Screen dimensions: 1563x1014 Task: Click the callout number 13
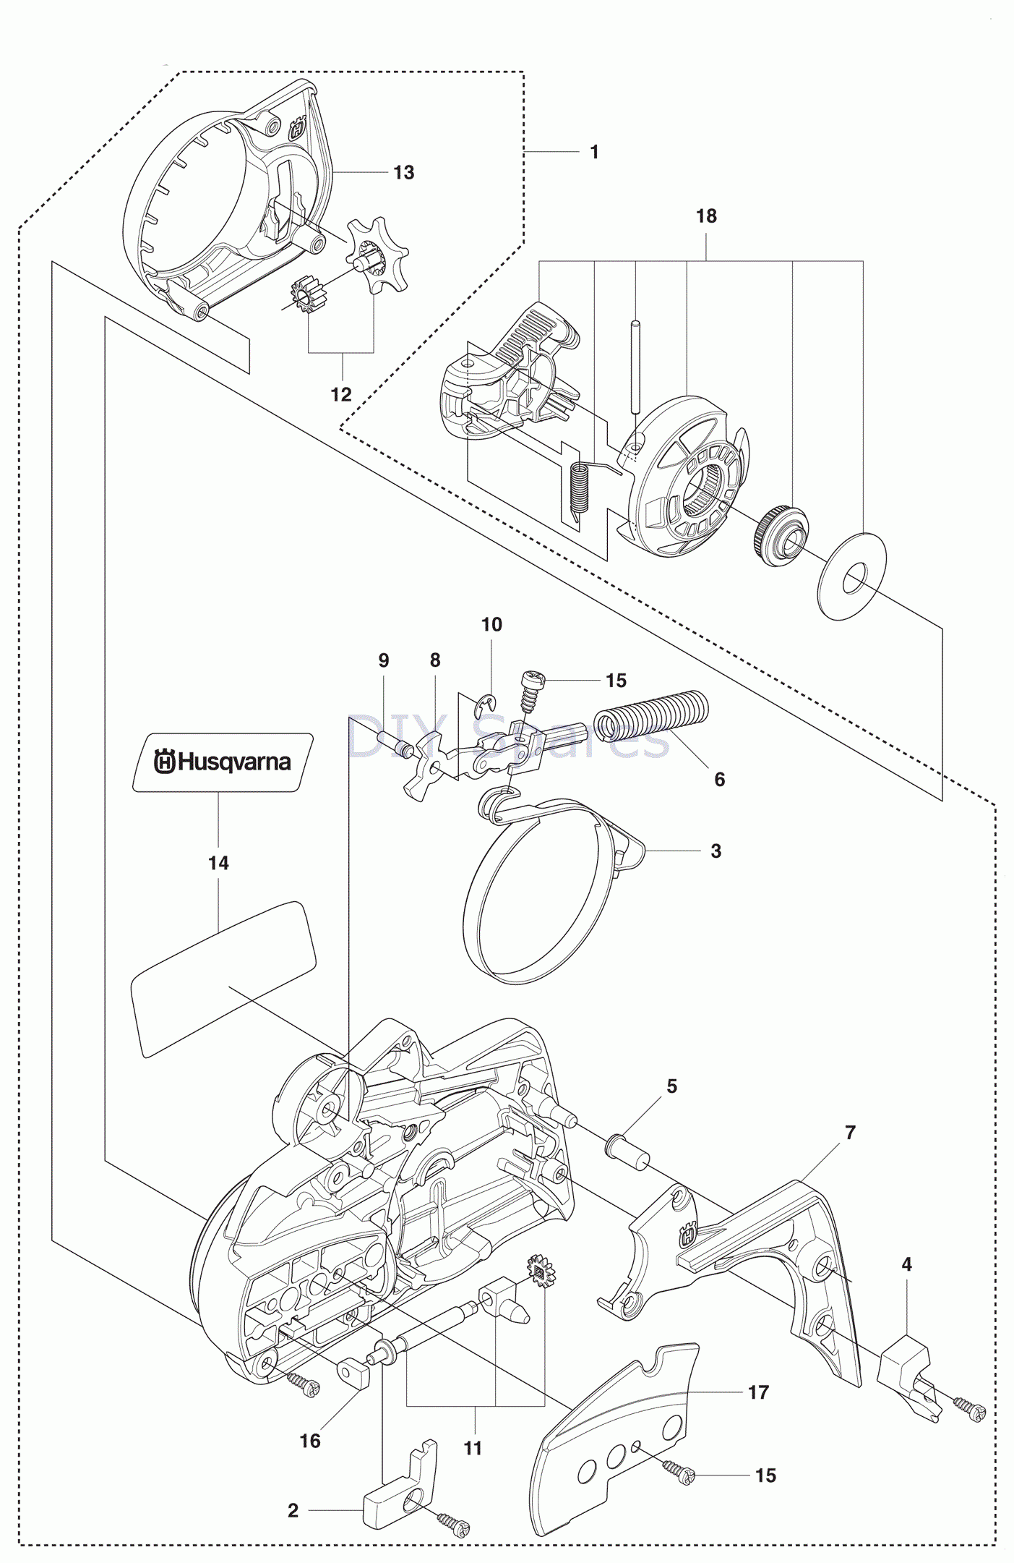pyautogui.click(x=403, y=173)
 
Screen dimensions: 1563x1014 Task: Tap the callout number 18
pyautogui.click(x=706, y=216)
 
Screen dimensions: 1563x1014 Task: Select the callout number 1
pyautogui.click(x=594, y=153)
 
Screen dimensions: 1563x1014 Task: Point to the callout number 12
pyautogui.click(x=340, y=394)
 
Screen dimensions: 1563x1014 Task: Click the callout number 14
pyautogui.click(x=218, y=863)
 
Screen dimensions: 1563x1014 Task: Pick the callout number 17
pyautogui.click(x=758, y=1392)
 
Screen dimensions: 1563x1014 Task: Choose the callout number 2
pyautogui.click(x=293, y=1510)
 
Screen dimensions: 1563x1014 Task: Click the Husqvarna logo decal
pyautogui.click(x=223, y=762)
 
